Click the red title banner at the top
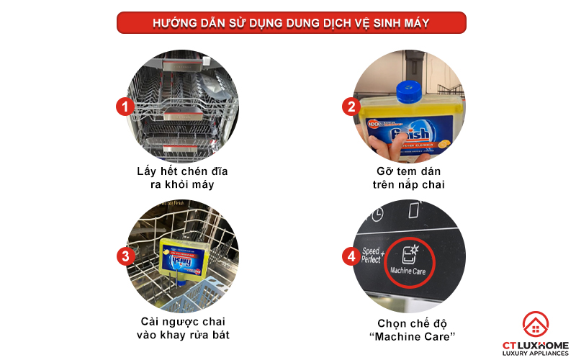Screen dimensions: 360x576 tap(292, 22)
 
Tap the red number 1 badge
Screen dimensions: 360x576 tap(125, 107)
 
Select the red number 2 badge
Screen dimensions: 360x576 tap(351, 107)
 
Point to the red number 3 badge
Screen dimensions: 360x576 tap(125, 256)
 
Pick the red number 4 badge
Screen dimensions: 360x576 tap(351, 256)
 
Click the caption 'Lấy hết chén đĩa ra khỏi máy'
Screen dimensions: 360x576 tap(178, 177)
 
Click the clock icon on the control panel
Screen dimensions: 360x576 tap(376, 214)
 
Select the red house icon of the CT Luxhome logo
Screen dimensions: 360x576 tap(534, 324)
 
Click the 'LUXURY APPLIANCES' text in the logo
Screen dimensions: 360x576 tap(535, 352)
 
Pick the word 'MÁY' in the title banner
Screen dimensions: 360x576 tap(416, 23)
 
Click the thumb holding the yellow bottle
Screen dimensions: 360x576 tap(382, 147)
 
